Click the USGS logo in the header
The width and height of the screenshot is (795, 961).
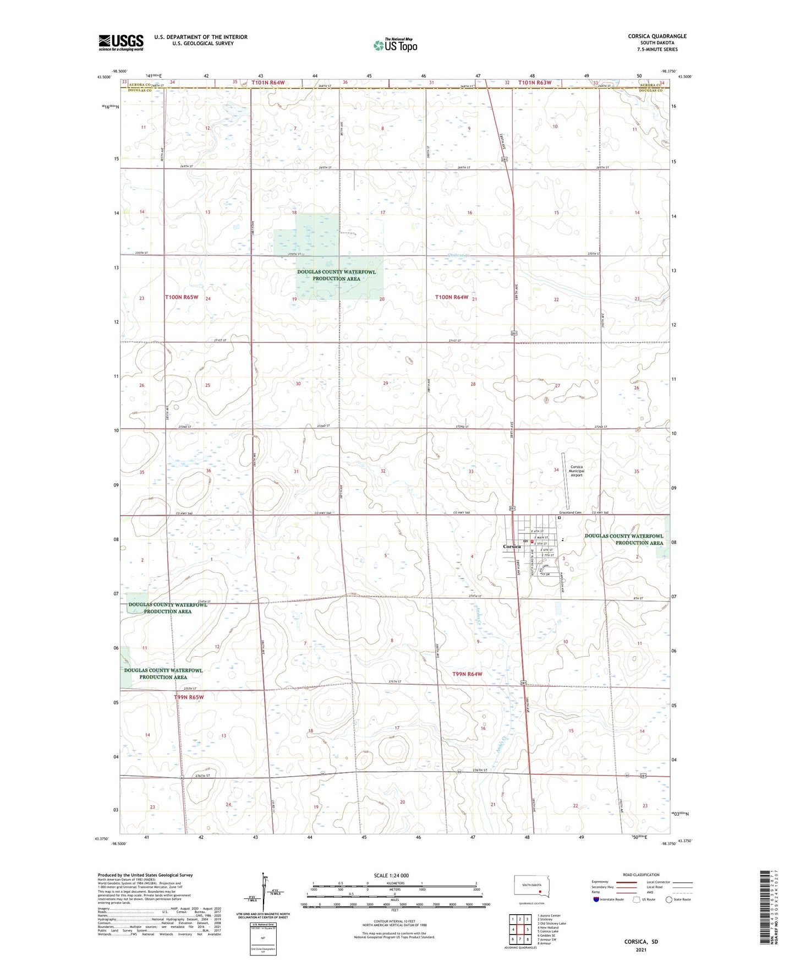pyautogui.click(x=121, y=42)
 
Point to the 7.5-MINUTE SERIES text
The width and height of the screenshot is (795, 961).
pyautogui.click(x=657, y=50)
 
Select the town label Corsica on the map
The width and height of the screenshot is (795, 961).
pyautogui.click(x=512, y=547)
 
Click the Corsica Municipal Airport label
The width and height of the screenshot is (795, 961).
pyautogui.click(x=577, y=471)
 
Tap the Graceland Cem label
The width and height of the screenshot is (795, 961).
pyautogui.click(x=571, y=512)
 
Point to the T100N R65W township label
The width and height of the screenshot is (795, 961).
pyautogui.click(x=182, y=297)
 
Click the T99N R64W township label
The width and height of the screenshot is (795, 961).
pyautogui.click(x=467, y=674)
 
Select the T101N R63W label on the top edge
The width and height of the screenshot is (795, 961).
pyautogui.click(x=534, y=83)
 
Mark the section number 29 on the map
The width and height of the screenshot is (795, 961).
pyautogui.click(x=386, y=383)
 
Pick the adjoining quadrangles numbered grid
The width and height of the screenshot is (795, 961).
pyautogui.click(x=519, y=930)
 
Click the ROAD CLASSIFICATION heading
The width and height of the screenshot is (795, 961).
pyautogui.click(x=641, y=875)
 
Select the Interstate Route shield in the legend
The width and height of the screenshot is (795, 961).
pyautogui.click(x=597, y=899)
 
